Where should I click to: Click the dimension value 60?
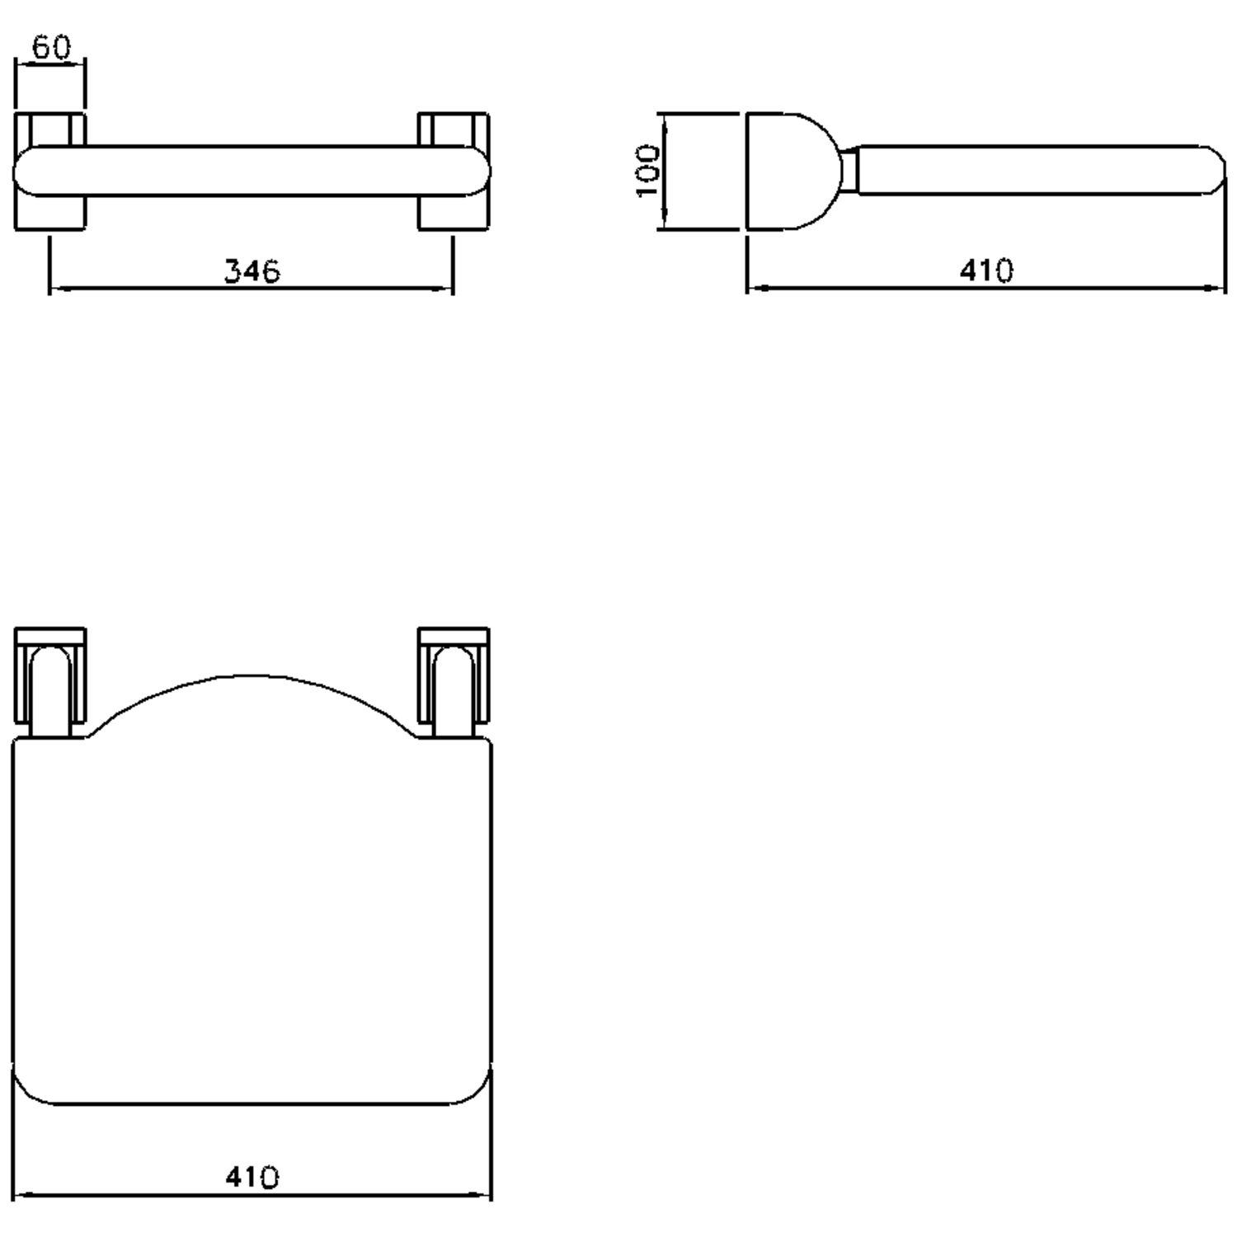pos(51,48)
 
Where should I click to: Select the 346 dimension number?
pos(252,270)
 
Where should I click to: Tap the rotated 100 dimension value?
pos(648,171)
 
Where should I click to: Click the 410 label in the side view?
pos(986,270)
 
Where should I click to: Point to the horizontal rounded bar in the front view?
pos(252,172)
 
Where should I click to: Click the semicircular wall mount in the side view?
pos(788,171)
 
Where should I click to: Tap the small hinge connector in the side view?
pos(849,171)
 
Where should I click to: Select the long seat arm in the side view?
pos(1031,171)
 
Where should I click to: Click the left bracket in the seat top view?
pos(49,680)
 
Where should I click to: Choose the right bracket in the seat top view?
pos(454,680)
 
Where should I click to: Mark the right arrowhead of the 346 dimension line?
pos(447,289)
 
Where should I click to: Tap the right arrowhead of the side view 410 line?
pos(1219,289)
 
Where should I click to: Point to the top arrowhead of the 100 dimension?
pos(662,120)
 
